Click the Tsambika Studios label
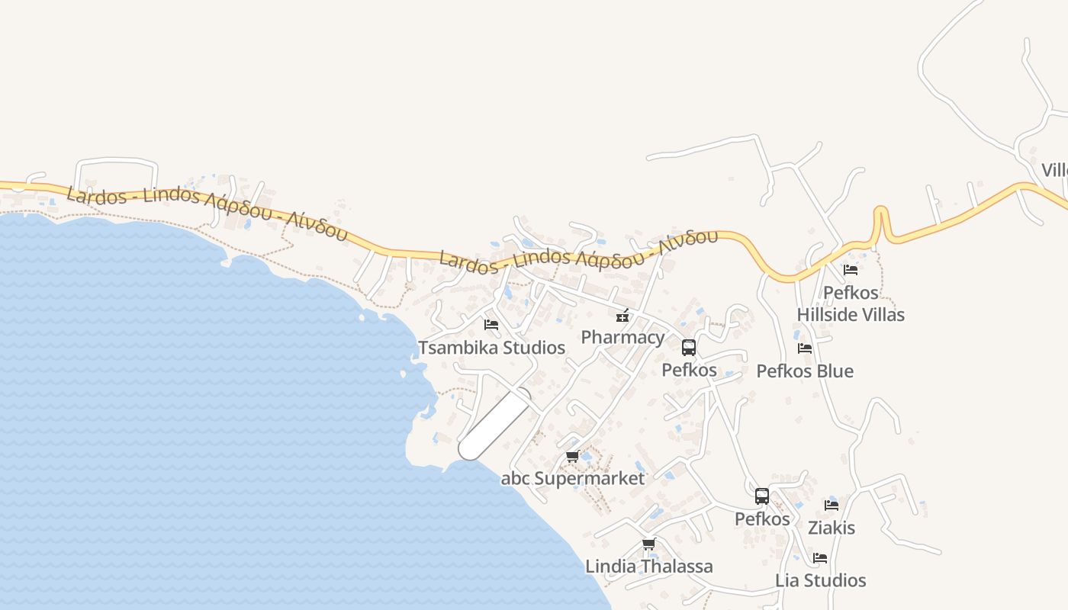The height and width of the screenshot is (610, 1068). point(491,348)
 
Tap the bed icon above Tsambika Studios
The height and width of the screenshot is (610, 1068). point(491,325)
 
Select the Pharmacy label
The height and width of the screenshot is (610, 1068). point(622,337)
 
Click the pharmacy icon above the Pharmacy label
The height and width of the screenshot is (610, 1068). point(622,316)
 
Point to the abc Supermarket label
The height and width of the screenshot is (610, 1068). point(572,478)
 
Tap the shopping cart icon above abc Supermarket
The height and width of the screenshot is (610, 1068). point(572,457)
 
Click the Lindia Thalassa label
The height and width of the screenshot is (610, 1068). point(648,567)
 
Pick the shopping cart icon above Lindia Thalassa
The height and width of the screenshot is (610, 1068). point(648,544)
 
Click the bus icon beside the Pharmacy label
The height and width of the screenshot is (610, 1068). point(689,348)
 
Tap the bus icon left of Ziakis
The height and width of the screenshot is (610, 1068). point(761,496)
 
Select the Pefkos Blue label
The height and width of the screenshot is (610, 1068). point(805,371)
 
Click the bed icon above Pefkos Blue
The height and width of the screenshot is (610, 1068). point(805,348)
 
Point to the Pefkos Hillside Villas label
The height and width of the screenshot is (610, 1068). point(851,303)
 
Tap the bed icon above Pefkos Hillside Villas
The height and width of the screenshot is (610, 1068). point(851,270)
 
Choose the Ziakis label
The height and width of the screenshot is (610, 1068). point(832,528)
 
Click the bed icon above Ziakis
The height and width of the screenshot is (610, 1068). point(832,505)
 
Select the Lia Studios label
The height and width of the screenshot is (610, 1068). point(821,580)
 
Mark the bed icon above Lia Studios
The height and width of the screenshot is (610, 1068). point(820,558)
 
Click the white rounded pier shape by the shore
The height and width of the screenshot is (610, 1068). point(494,424)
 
